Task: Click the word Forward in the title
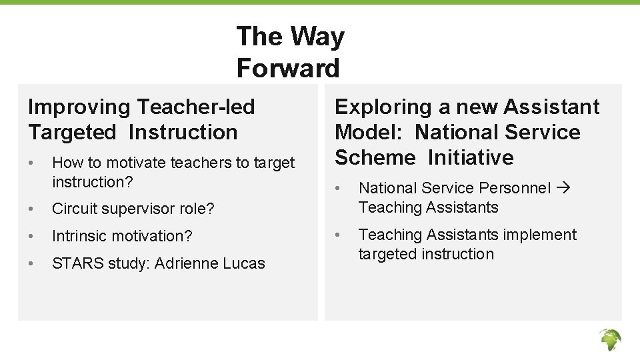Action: (x=288, y=68)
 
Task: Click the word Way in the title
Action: (x=313, y=36)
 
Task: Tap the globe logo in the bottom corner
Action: (x=609, y=339)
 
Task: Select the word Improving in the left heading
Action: (x=79, y=107)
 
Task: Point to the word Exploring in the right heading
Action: (x=384, y=107)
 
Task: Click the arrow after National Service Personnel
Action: (x=563, y=188)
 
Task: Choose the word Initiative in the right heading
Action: (x=471, y=157)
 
